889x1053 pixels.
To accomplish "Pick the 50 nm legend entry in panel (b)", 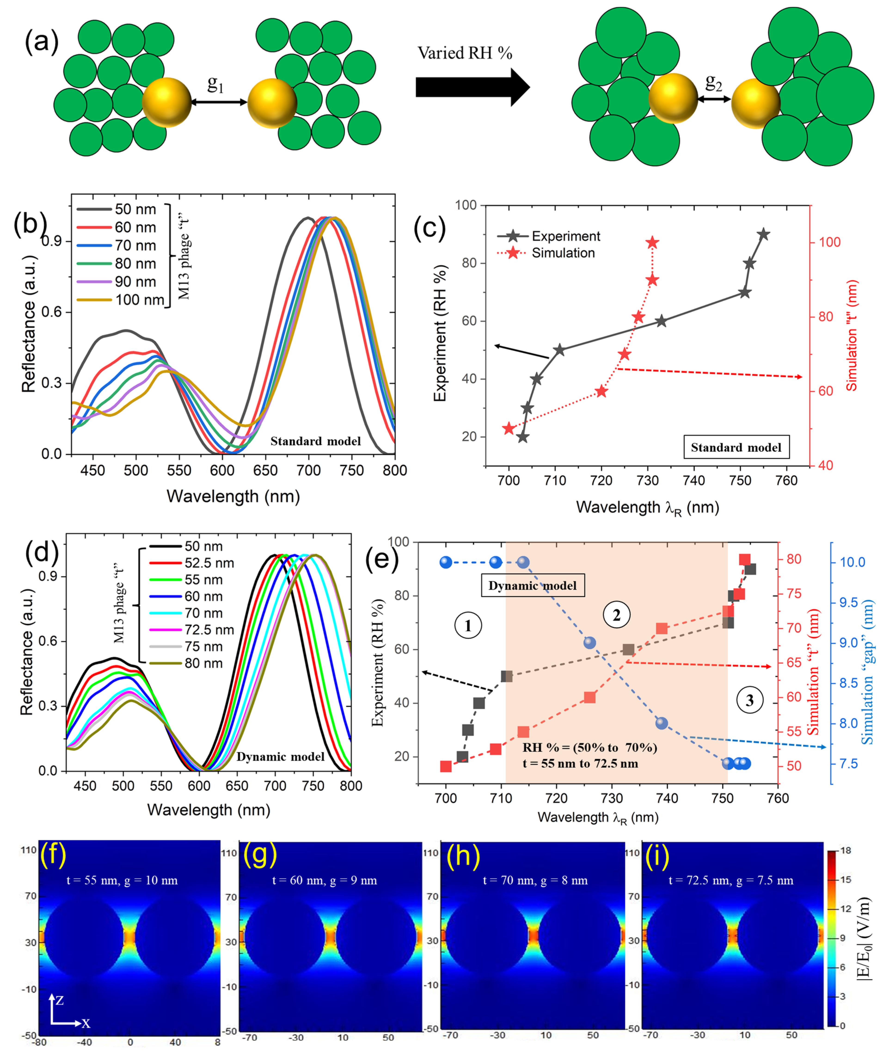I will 135,209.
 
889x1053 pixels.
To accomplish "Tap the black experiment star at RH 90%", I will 763,234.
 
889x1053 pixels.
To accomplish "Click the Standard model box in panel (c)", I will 736,447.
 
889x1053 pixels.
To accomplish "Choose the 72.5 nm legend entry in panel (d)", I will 209,629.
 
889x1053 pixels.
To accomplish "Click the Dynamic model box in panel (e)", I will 533,585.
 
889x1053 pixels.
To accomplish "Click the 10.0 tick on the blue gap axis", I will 852,562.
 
